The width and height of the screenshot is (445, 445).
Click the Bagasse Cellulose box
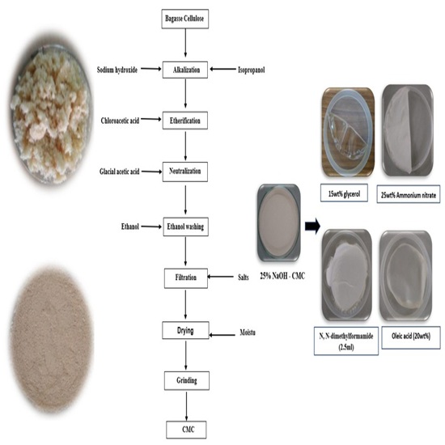point(185,19)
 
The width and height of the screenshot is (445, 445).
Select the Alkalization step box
point(185,70)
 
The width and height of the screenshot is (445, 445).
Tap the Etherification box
point(185,121)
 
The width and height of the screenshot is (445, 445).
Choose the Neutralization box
point(185,172)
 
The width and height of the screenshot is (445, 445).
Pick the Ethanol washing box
point(185,227)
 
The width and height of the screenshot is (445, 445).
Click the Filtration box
point(186,278)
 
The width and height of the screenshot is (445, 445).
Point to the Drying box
point(185,330)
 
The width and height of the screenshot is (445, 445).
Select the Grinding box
point(187,380)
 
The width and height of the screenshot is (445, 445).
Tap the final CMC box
point(186,430)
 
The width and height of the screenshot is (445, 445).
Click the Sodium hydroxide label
point(117,70)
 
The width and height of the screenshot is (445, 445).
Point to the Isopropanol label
point(252,70)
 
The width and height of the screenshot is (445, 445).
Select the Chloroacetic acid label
point(120,121)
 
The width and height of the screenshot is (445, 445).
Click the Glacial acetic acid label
point(120,172)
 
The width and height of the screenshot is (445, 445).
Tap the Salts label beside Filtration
point(244,278)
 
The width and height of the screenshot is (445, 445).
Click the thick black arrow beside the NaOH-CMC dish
point(312,227)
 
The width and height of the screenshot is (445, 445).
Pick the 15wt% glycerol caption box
point(344,193)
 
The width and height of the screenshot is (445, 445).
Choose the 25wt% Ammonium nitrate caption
point(409,194)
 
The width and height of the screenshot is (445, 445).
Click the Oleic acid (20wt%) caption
point(411,337)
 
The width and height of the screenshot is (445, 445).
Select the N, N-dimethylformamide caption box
point(346,341)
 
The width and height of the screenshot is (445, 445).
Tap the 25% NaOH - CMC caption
point(282,276)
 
